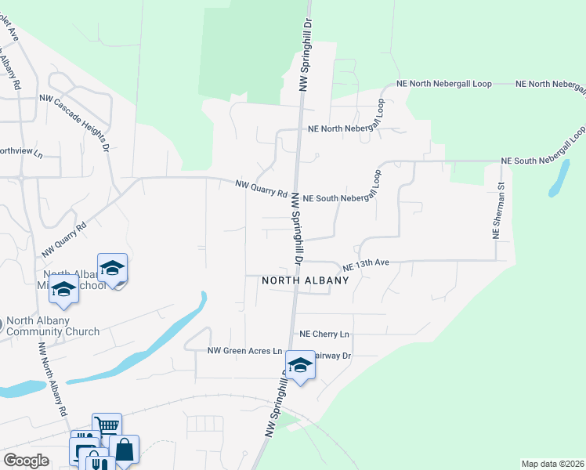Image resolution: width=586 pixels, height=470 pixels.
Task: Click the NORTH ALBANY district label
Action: pos(305,280)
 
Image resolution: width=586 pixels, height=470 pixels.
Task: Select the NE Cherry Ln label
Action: pos(324,334)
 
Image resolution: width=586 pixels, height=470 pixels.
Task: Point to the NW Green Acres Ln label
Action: pos(244,351)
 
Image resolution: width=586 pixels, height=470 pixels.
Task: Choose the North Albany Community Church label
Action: pos(52,327)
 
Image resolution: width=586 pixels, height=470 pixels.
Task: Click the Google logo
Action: pos(26,461)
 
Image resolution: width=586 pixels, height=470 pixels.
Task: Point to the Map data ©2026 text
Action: pos(552,464)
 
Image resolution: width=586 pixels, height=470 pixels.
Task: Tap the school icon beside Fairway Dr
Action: pos(299,365)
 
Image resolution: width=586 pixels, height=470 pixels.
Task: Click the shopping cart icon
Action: pos(107,426)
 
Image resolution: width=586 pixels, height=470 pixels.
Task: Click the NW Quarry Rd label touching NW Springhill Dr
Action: pos(262,187)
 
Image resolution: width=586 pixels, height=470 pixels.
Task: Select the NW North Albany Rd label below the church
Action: pos(52,379)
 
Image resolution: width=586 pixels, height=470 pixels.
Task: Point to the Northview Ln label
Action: pos(20,152)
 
